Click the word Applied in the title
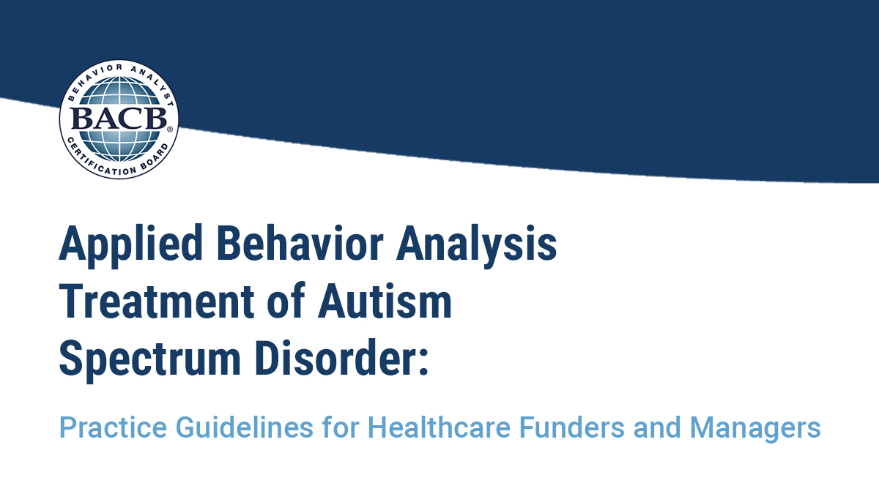pyautogui.click(x=130, y=243)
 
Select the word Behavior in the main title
pyautogui.click(x=300, y=242)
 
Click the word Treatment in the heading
pyautogui.click(x=157, y=301)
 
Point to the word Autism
pyautogui.click(x=385, y=301)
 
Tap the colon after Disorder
pyautogui.click(x=423, y=364)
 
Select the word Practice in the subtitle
pyautogui.click(x=113, y=428)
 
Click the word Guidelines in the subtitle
pyautogui.click(x=244, y=427)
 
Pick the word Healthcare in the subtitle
pyautogui.click(x=439, y=427)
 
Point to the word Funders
pyautogui.click(x=572, y=427)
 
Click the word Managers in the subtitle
pyautogui.click(x=755, y=428)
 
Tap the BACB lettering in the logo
pyautogui.click(x=118, y=119)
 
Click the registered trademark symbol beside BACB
pyautogui.click(x=169, y=129)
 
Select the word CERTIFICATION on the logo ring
pyautogui.click(x=100, y=161)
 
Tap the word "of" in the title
pyautogui.click(x=286, y=301)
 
